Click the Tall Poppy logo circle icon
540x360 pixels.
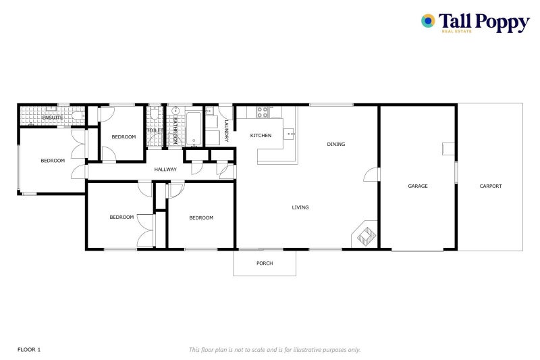pos(428,21)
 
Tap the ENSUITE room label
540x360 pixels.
pos(52,118)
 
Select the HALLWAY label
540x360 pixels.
pos(165,170)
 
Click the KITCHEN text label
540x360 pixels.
pos(261,136)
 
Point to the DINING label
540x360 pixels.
pos(335,144)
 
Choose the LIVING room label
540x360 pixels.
pos(300,207)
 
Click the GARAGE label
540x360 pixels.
pos(418,186)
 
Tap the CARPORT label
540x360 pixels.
pos(491,186)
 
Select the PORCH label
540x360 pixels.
pos(265,263)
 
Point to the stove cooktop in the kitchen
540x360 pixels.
pos(262,111)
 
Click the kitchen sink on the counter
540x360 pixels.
pos(291,134)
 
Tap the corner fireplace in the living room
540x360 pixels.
pos(365,235)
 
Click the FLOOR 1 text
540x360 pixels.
pos(29,349)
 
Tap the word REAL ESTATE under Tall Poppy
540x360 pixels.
pos(456,31)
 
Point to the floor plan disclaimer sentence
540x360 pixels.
pos(274,349)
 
